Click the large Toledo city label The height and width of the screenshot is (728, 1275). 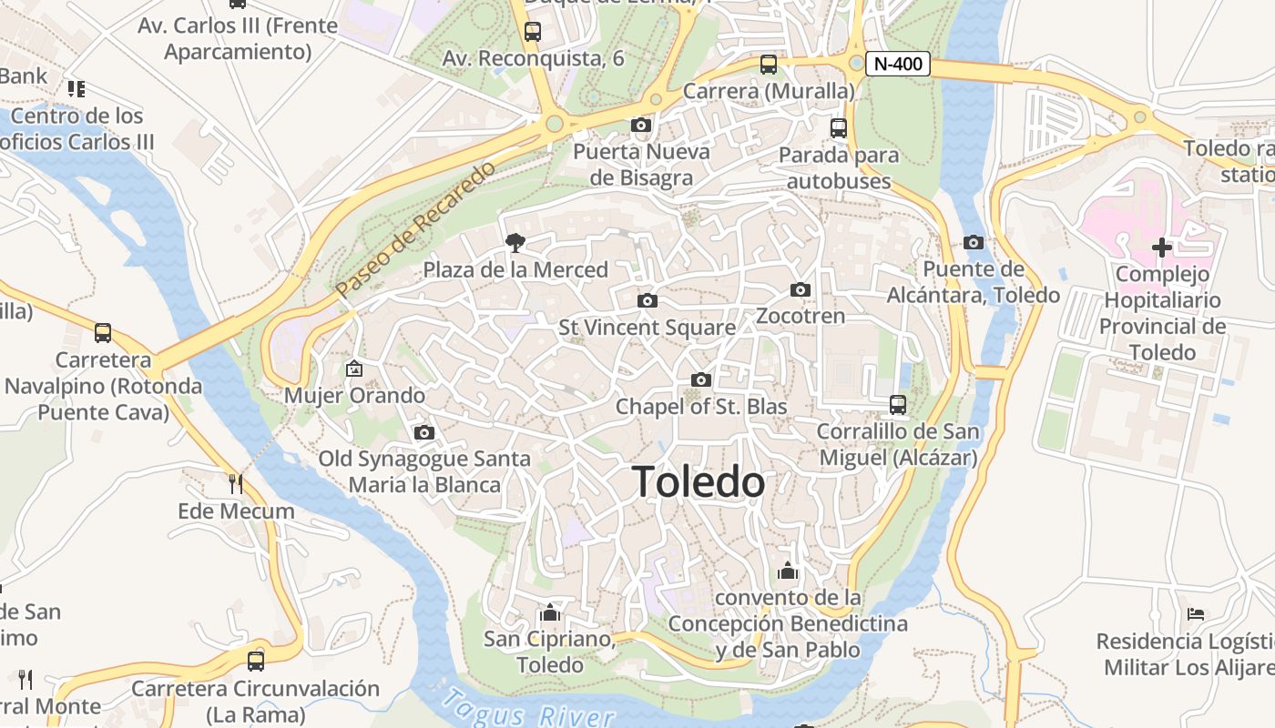point(699,481)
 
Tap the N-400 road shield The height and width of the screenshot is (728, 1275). point(898,64)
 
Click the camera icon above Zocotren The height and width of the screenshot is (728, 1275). point(801,289)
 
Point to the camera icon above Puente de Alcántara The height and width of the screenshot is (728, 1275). point(974,242)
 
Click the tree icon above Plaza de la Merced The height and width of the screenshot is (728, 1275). point(515,242)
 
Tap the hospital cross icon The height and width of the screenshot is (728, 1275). point(1162,247)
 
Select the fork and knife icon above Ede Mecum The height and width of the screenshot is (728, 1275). point(236,482)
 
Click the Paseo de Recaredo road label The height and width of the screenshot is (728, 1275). point(415,229)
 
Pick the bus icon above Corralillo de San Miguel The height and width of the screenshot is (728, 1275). point(898,404)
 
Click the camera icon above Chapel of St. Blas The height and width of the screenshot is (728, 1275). point(701,379)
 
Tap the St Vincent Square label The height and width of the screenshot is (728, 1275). point(647,327)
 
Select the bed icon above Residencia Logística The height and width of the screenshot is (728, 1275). point(1196,614)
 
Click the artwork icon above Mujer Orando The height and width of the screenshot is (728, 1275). point(354,369)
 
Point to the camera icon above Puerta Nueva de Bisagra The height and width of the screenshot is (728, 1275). point(641,125)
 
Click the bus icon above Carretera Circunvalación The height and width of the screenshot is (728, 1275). point(256,661)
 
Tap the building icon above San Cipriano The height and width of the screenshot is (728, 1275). point(549,612)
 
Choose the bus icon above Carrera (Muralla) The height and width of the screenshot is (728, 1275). point(769,64)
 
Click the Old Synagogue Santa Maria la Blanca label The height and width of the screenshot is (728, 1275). point(424,471)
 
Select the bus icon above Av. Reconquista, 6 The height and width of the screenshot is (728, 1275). point(533,31)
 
